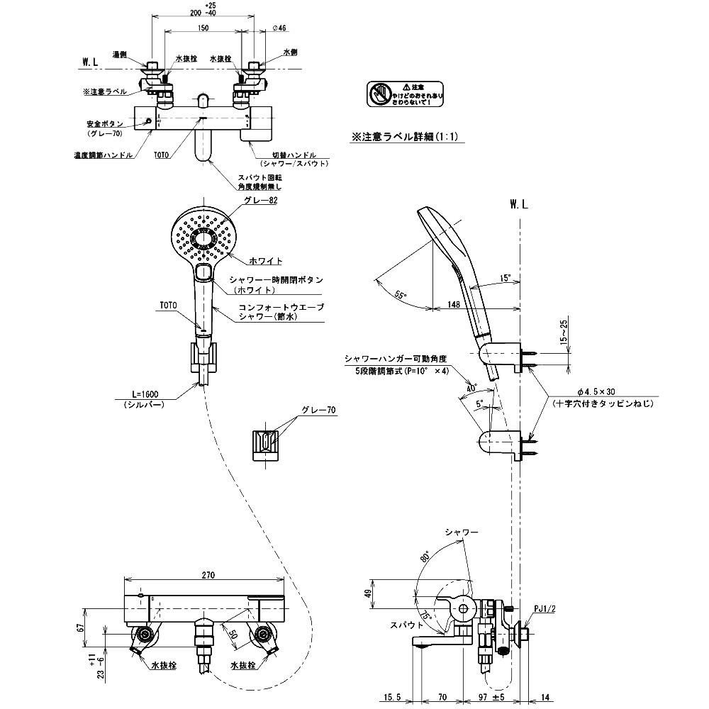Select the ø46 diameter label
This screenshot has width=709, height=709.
[x=279, y=28]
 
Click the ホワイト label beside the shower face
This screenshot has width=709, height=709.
[x=267, y=261]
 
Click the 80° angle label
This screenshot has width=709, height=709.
[x=425, y=558]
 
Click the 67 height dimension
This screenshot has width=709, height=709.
[x=84, y=626]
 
